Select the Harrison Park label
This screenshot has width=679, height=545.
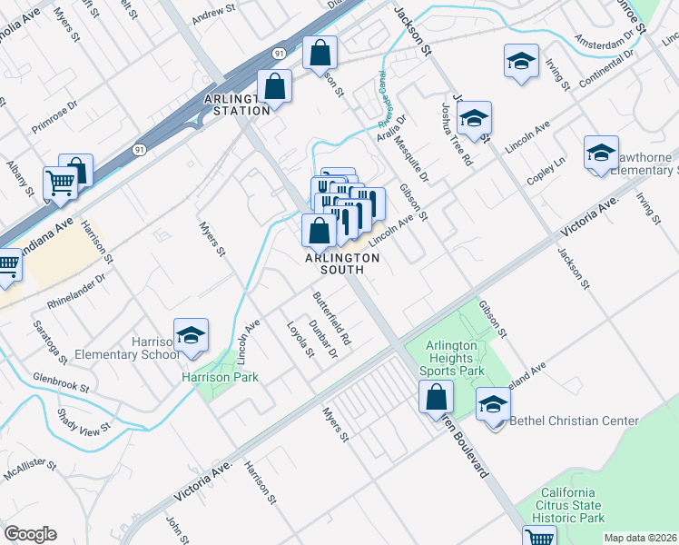click(x=220, y=377)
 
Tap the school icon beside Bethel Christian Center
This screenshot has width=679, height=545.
click(x=493, y=402)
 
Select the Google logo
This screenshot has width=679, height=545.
click(x=30, y=534)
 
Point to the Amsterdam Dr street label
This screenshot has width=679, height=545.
click(x=608, y=39)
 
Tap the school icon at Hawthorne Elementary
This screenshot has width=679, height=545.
click(x=601, y=153)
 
